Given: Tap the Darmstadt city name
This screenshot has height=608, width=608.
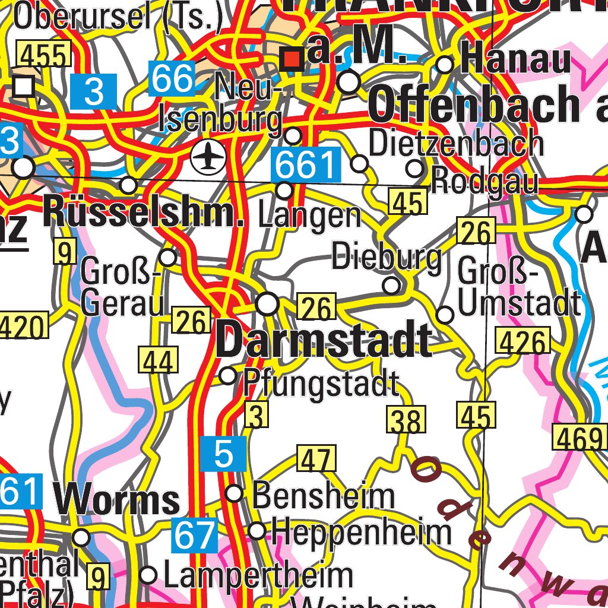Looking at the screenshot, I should pos(324,341).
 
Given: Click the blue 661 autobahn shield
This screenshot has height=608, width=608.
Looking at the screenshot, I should pos(306,166).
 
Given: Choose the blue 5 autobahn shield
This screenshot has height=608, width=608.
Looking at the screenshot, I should pos(223,453).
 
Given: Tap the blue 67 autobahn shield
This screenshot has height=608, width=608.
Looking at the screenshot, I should pos(194,535).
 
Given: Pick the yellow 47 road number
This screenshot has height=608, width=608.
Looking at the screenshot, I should pos(316,460).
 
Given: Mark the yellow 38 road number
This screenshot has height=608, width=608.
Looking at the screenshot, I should pos(407,421).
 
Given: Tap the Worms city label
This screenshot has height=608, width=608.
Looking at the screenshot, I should pos(118,500).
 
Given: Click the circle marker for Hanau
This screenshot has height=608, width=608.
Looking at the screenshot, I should pos(445,65).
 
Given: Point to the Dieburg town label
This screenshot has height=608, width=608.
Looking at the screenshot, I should pos(387,257).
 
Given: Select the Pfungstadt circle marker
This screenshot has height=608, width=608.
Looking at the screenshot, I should pos(228,376).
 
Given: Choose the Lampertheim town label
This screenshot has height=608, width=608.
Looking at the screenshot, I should pos(258,576).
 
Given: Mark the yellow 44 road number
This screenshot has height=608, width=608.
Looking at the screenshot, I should pos(159,361).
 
